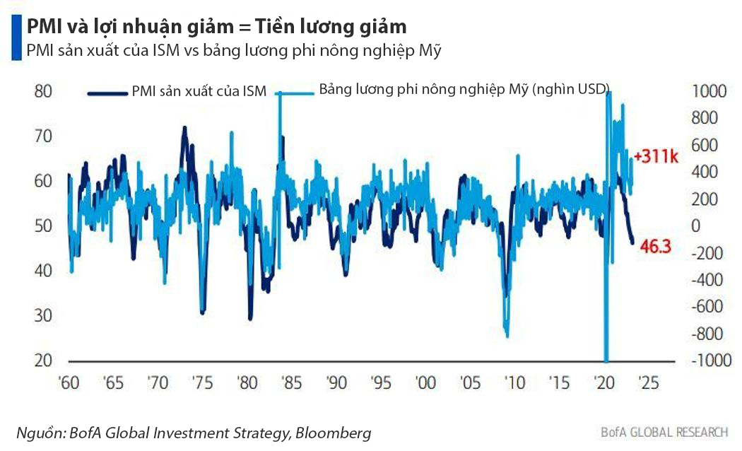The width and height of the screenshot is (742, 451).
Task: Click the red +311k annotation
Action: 656,156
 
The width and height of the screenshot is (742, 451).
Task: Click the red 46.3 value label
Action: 654,246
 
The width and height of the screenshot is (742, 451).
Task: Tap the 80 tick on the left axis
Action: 43,91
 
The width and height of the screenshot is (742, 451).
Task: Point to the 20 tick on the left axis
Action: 43,360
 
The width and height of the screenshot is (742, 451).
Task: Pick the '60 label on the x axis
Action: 69,383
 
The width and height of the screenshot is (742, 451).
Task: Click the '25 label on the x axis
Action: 647,383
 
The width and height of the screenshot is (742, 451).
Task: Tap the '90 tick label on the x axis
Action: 336,383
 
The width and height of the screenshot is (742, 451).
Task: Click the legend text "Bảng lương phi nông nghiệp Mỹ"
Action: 424,90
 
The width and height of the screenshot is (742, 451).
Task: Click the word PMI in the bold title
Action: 45,27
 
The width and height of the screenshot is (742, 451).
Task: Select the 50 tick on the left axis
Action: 43,225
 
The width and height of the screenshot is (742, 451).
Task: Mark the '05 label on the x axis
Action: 470,383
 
